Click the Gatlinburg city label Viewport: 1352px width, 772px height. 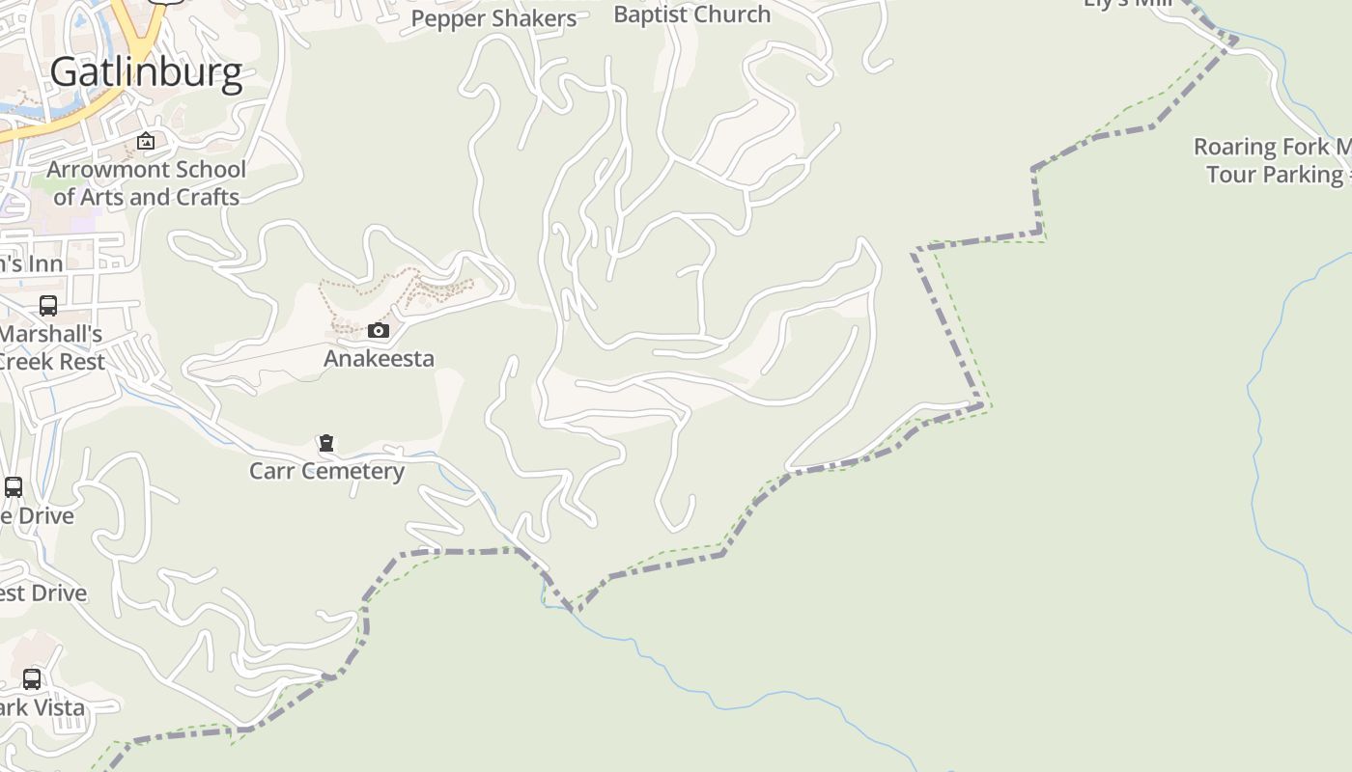146,72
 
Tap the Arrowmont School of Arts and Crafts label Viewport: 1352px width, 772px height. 146,183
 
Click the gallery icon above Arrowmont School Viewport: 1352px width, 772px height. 146,142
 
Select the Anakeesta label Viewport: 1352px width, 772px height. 379,358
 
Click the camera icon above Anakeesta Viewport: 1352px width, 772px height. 379,331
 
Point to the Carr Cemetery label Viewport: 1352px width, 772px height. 326,471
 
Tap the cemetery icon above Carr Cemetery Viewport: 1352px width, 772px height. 326,443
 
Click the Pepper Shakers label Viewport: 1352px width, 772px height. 493,18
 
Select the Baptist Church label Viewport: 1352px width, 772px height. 691,14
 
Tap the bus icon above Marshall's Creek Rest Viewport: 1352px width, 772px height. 47,306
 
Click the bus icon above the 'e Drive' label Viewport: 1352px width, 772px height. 14,487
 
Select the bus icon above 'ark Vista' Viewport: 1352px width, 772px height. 32,679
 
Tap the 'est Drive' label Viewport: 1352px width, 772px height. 43,593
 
